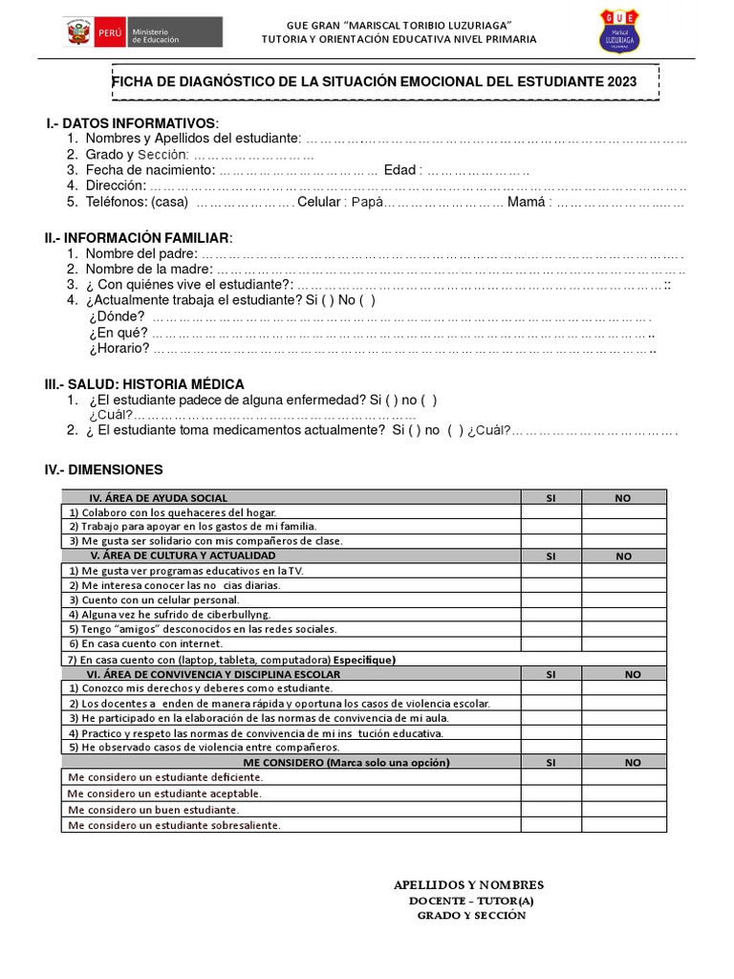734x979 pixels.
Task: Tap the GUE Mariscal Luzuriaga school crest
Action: [x=619, y=32]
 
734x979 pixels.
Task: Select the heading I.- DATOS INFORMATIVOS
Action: [x=133, y=124]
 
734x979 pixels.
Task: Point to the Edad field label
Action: [x=400, y=170]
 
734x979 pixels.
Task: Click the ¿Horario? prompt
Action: [x=119, y=348]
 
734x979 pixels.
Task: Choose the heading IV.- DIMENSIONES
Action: [x=103, y=469]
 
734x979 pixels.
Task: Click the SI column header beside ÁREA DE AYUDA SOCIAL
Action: [x=550, y=497]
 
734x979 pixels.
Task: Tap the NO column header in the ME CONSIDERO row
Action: [x=633, y=762]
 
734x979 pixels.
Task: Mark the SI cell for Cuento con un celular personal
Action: [x=550, y=599]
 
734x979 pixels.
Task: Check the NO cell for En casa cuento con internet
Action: [x=624, y=644]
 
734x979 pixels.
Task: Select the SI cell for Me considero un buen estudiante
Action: [x=550, y=809]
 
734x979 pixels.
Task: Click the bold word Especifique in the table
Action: [x=364, y=660]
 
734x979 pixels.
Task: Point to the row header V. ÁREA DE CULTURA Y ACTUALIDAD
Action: [x=183, y=555]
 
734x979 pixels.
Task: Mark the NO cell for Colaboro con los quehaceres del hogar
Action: [x=624, y=511]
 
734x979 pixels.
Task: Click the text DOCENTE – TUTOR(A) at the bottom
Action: [x=471, y=901]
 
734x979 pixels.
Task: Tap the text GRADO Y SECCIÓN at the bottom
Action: [x=471, y=915]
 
